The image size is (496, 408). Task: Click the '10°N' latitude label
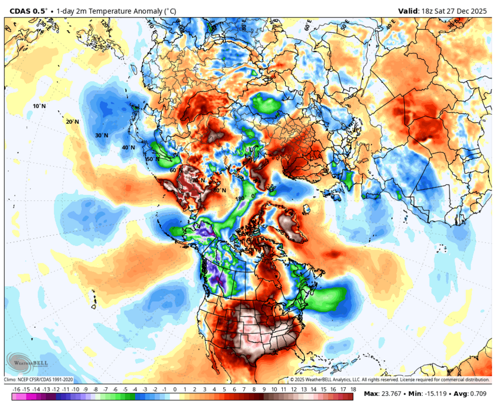[39, 106]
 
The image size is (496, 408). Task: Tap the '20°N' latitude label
[72, 122]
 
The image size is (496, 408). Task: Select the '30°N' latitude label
[102, 135]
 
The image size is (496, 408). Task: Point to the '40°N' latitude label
[128, 147]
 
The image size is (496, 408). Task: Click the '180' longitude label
[240, 199]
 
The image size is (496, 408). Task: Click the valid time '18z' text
[426, 11]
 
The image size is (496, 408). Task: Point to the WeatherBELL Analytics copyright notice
[390, 380]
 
